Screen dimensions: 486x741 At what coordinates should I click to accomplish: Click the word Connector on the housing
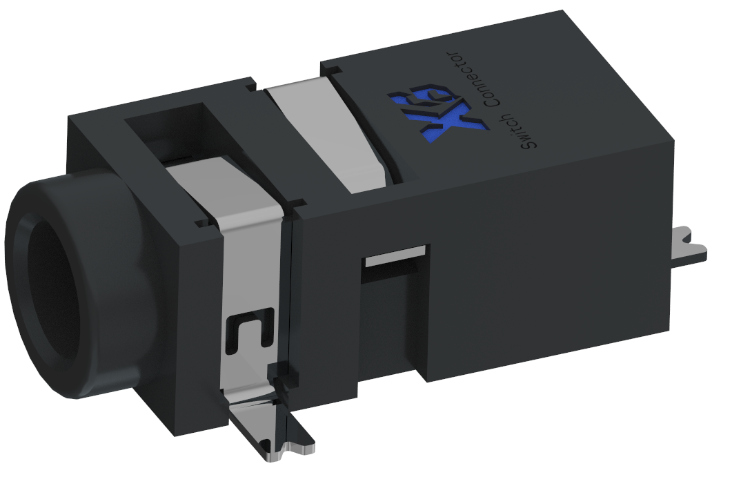475,79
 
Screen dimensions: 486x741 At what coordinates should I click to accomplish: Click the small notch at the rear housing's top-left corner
330,68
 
